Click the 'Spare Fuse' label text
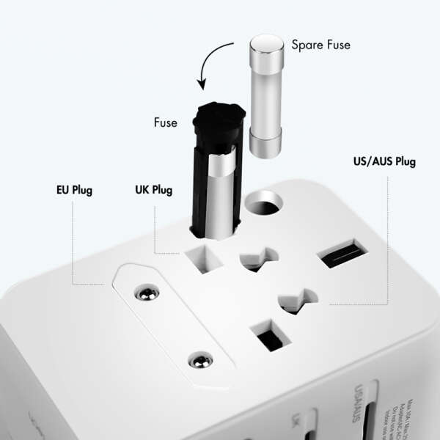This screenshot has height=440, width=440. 320,45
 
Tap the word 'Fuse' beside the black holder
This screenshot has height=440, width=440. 165,122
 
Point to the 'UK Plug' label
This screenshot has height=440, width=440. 154,191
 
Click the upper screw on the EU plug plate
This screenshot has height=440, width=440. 148,293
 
